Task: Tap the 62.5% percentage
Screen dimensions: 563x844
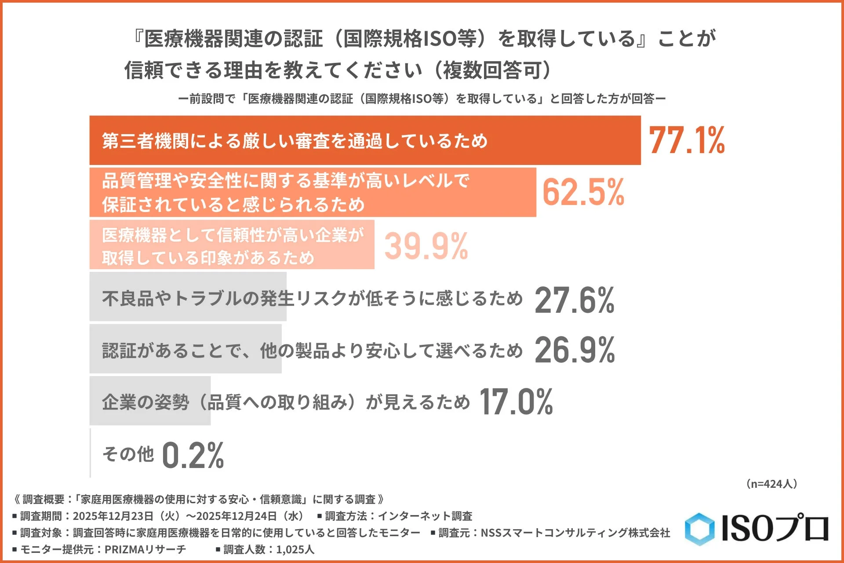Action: click(583, 192)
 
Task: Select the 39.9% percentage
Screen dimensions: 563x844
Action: click(426, 245)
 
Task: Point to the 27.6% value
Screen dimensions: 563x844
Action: click(574, 300)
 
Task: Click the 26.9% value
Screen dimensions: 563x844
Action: click(574, 351)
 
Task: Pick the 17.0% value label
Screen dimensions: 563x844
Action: click(516, 402)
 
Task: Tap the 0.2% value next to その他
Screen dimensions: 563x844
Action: click(193, 455)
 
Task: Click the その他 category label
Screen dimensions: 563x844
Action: click(128, 454)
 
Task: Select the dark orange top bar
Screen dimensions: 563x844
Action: click(365, 140)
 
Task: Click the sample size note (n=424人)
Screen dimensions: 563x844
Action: click(771, 484)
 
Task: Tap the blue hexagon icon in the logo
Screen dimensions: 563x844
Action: click(699, 529)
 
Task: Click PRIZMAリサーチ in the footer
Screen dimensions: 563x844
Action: click(145, 549)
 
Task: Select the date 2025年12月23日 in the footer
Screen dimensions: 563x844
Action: click(113, 516)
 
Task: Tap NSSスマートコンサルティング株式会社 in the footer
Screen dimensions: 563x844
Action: click(575, 533)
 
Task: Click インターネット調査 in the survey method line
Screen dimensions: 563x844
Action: click(425, 516)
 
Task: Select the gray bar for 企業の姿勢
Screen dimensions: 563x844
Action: click(150, 401)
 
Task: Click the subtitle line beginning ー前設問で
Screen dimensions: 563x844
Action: click(422, 99)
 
